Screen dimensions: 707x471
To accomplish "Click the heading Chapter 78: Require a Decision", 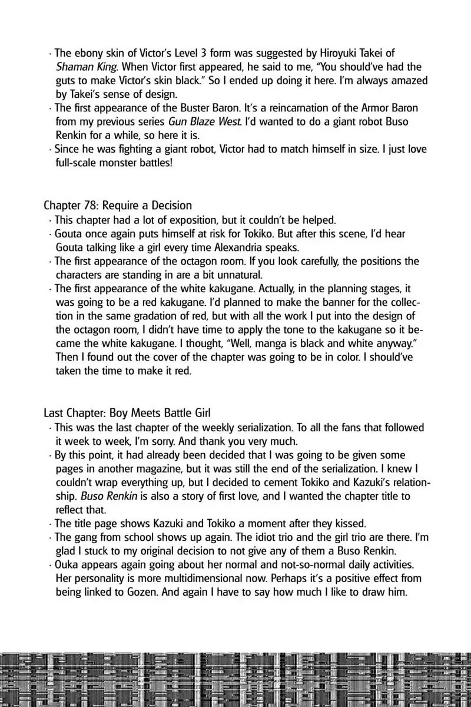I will click(x=118, y=206).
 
